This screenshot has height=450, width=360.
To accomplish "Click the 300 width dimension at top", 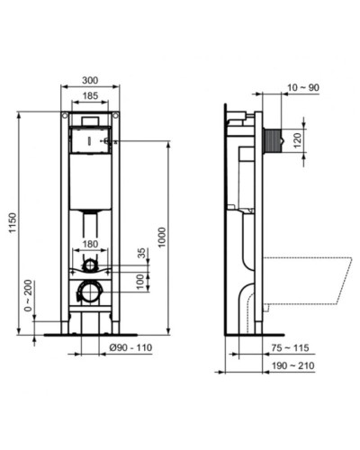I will [89, 79].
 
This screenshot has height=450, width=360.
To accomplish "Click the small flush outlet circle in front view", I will [89, 265].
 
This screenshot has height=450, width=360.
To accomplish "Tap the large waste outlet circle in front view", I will [89, 292].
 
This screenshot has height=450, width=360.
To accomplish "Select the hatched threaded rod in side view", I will [274, 140].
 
